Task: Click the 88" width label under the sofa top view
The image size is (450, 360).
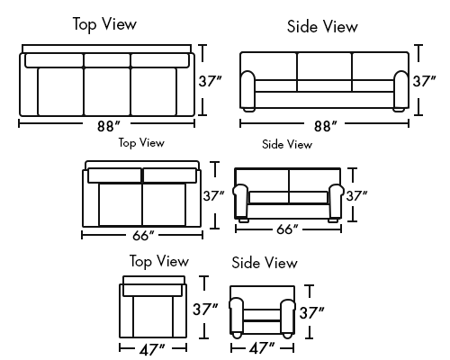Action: point(108,126)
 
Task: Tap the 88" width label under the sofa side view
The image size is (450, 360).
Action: point(326,126)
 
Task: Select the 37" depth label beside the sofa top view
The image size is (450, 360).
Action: point(210,81)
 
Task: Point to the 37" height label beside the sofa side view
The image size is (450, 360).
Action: point(424,81)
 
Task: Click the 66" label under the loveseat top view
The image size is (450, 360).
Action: point(143,236)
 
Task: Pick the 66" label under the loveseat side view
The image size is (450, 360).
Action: point(287,229)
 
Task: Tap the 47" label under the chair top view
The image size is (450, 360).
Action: point(152,350)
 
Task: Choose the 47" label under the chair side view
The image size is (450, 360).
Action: point(262,348)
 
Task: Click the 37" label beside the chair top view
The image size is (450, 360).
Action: point(205,309)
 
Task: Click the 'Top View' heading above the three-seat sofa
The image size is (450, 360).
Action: point(104,23)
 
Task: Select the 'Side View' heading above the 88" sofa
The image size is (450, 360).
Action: point(322,26)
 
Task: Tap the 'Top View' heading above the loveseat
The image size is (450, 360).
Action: point(141,142)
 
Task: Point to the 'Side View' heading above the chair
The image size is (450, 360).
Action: point(265,263)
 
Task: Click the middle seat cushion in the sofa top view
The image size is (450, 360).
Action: point(107,92)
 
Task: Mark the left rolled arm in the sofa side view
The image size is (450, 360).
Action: point(247,89)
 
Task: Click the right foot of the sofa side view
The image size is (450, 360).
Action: point(399,110)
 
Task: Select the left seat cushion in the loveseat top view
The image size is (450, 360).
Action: point(121,204)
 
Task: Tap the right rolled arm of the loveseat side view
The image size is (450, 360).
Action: point(336,202)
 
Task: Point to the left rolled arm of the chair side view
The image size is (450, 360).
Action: point(237,317)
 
